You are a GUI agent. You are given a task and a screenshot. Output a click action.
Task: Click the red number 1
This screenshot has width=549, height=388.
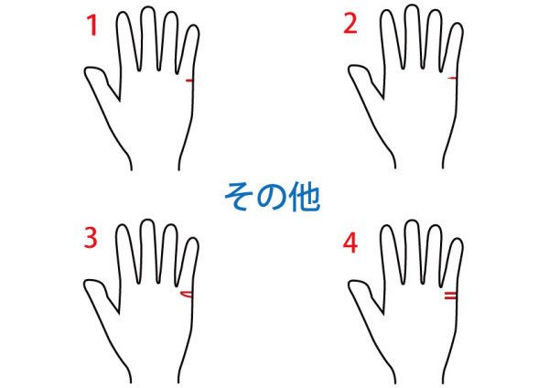(92, 26)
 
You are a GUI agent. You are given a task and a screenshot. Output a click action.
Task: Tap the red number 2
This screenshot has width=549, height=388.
(350, 24)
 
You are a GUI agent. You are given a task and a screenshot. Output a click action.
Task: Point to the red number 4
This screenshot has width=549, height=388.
(350, 242)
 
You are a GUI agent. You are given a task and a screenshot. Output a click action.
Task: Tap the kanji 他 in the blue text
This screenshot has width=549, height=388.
(305, 197)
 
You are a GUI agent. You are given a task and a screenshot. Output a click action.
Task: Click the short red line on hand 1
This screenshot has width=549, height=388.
(189, 81)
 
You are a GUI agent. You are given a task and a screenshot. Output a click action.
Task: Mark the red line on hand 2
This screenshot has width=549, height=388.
(452, 78)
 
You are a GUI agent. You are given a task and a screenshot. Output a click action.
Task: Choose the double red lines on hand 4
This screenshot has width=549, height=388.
(450, 296)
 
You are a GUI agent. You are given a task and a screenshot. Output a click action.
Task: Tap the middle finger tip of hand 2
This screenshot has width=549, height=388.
(412, 6)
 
